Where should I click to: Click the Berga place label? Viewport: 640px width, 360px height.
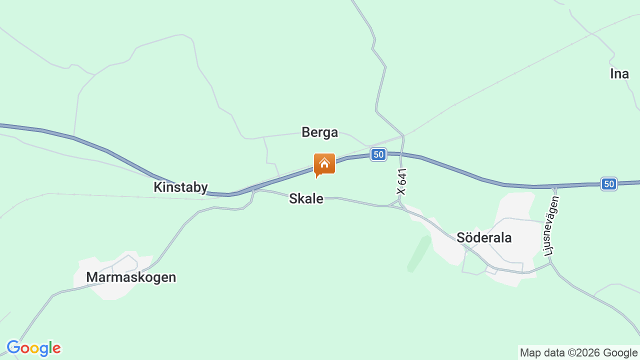click(x=319, y=132)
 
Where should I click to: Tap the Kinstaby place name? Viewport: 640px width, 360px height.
click(x=180, y=187)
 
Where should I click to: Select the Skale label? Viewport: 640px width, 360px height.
click(x=306, y=198)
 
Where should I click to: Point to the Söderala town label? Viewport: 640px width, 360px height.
click(x=484, y=237)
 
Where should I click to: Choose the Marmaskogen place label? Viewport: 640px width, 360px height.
click(x=131, y=277)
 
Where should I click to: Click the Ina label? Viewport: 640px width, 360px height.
click(x=619, y=74)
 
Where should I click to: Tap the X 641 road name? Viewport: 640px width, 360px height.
click(x=402, y=181)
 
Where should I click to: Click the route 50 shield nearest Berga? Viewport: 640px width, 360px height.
click(x=378, y=154)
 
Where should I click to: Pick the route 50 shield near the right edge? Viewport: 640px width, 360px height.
click(x=608, y=184)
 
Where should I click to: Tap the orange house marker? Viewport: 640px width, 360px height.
click(x=324, y=164)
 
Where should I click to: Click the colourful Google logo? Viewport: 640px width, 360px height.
click(x=33, y=348)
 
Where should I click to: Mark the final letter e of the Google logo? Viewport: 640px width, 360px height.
click(x=56, y=348)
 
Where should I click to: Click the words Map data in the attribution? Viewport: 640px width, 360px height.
click(x=541, y=353)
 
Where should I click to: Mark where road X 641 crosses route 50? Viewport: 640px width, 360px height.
click(x=401, y=153)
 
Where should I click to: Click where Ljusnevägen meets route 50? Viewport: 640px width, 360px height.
click(x=554, y=186)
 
